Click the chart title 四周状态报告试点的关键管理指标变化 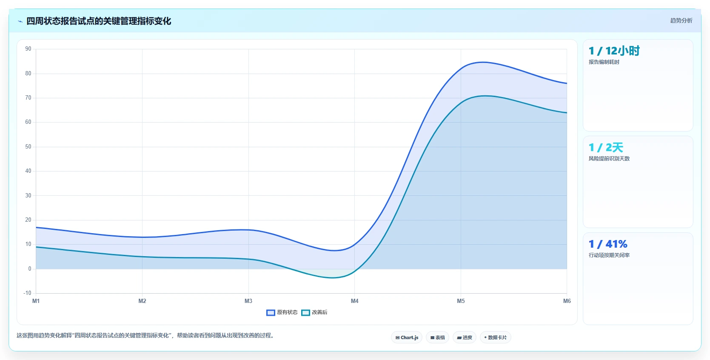pos(99,21)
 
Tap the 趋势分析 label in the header pos(681,20)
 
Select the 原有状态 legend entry pos(282,312)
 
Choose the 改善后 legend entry pos(314,312)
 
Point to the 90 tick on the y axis pos(28,49)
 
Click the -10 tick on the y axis pos(27,293)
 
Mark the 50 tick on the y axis pos(28,146)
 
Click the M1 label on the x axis pos(36,301)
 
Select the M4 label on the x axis pos(354,301)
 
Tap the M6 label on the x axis pos(567,301)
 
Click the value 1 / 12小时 pos(614,51)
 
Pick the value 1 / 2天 pos(606,148)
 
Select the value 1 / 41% pos(608,244)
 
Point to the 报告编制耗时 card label pos(604,62)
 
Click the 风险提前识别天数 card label pos(609,159)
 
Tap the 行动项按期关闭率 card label pos(609,255)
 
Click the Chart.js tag pos(407,337)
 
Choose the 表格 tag pos(437,337)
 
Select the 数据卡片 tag pos(496,337)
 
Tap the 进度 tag pos(465,337)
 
